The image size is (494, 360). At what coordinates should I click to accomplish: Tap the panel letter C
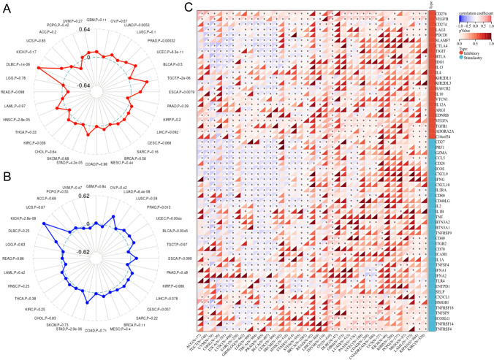189,8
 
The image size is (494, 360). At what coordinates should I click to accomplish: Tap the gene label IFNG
438,180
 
